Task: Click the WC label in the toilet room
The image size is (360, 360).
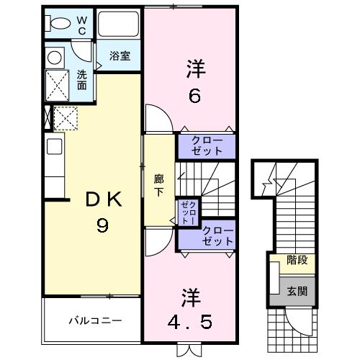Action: click(x=81, y=24)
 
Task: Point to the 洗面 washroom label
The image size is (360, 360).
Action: click(x=82, y=80)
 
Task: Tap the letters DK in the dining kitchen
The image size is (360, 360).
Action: click(x=102, y=201)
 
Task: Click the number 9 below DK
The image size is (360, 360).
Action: click(x=103, y=227)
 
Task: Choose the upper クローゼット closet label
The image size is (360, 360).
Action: click(x=207, y=145)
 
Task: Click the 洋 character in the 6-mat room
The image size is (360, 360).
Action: click(x=194, y=70)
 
